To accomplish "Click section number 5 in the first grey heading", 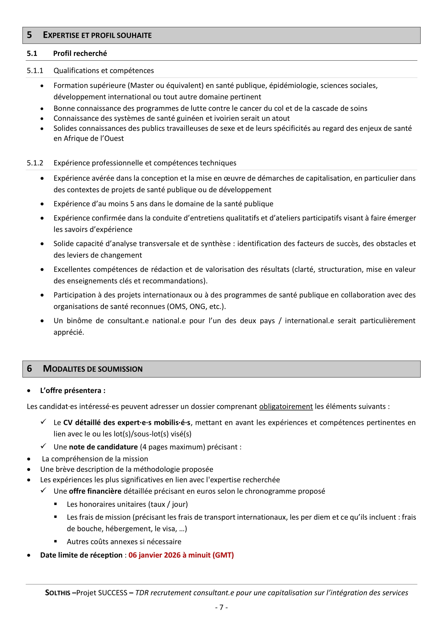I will point(29,35).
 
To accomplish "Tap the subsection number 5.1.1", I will point(35,71).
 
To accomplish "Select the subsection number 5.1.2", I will point(35,163).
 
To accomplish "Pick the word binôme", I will point(79,321).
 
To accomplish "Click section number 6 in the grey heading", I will point(29,369).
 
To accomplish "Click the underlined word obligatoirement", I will point(286,407).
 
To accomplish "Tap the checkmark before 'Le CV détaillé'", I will point(43,422).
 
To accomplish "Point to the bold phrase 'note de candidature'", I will point(103,447).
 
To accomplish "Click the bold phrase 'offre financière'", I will point(95,491).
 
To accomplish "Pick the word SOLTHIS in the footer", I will point(58,593).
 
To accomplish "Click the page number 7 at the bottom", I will point(221,607).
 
